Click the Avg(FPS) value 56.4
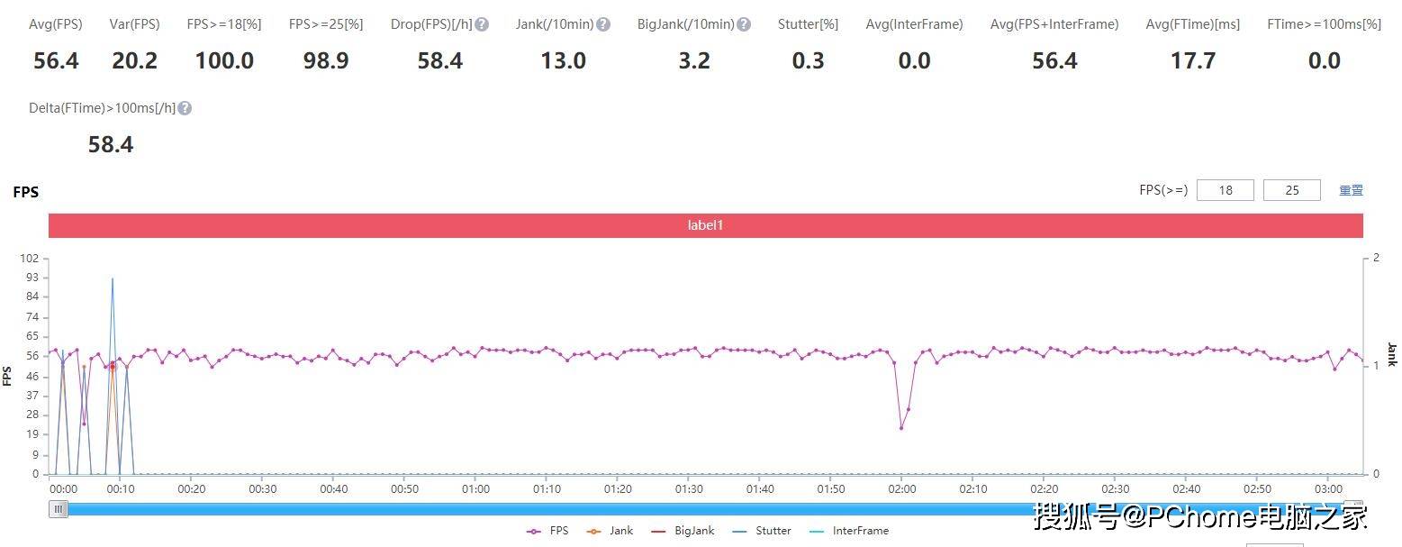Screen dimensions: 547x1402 pyautogui.click(x=56, y=61)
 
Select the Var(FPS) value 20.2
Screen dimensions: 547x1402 pyautogui.click(x=134, y=61)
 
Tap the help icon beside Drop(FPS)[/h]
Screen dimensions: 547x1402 pyautogui.click(x=482, y=24)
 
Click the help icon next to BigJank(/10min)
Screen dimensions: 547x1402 pyautogui.click(x=744, y=24)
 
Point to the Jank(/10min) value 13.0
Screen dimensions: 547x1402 pyautogui.click(x=563, y=61)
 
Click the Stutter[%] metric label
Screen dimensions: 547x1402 pyautogui.click(x=808, y=24)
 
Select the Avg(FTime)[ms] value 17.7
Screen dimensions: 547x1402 pyautogui.click(x=1192, y=61)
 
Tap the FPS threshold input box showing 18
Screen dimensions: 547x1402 pyautogui.click(x=1225, y=190)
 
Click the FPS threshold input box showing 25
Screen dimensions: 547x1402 pyautogui.click(x=1291, y=190)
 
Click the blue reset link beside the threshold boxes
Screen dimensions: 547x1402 pyautogui.click(x=1351, y=190)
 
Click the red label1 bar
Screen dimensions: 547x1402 pyautogui.click(x=705, y=225)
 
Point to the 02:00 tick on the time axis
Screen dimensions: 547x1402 pyautogui.click(x=901, y=488)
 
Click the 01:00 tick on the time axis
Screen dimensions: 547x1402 pyautogui.click(x=475, y=488)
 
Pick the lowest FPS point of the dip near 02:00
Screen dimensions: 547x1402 pyautogui.click(x=901, y=428)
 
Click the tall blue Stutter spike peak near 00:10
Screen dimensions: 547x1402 pyautogui.click(x=112, y=278)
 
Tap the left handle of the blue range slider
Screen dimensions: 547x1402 pyautogui.click(x=59, y=509)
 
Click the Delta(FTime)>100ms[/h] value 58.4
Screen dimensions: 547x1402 pyautogui.click(x=111, y=145)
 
